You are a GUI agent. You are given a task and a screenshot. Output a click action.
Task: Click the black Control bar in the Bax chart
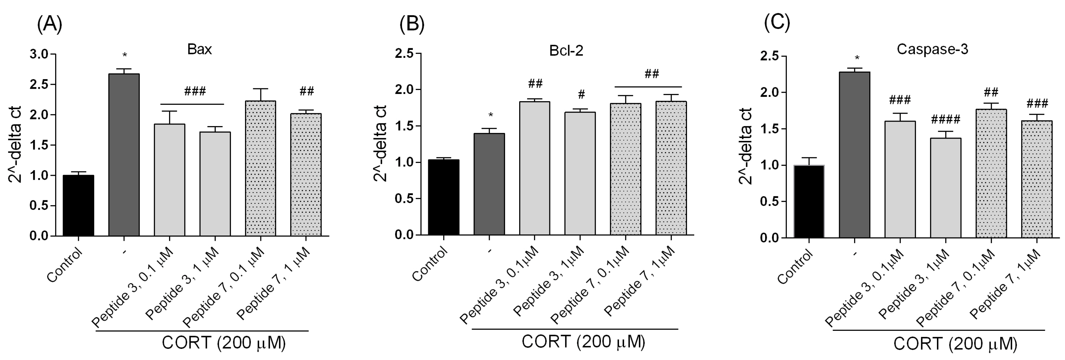[78, 205]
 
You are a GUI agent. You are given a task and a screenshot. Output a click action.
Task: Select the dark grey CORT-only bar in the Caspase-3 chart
[854, 155]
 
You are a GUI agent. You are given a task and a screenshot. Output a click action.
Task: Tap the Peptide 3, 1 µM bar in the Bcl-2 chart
[580, 173]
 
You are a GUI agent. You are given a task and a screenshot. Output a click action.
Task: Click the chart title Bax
[199, 50]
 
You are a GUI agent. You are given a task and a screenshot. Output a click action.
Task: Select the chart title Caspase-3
[932, 50]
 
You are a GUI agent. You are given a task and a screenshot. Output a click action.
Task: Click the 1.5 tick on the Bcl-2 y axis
[405, 126]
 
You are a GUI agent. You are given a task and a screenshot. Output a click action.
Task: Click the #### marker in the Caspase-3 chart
[945, 120]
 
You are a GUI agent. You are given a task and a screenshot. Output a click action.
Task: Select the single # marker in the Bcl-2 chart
[581, 95]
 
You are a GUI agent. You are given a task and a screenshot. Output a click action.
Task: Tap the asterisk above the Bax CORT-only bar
[124, 55]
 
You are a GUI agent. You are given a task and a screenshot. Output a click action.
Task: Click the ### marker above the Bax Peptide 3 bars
[195, 91]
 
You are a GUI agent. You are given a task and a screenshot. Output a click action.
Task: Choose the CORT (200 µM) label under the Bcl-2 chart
[583, 342]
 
